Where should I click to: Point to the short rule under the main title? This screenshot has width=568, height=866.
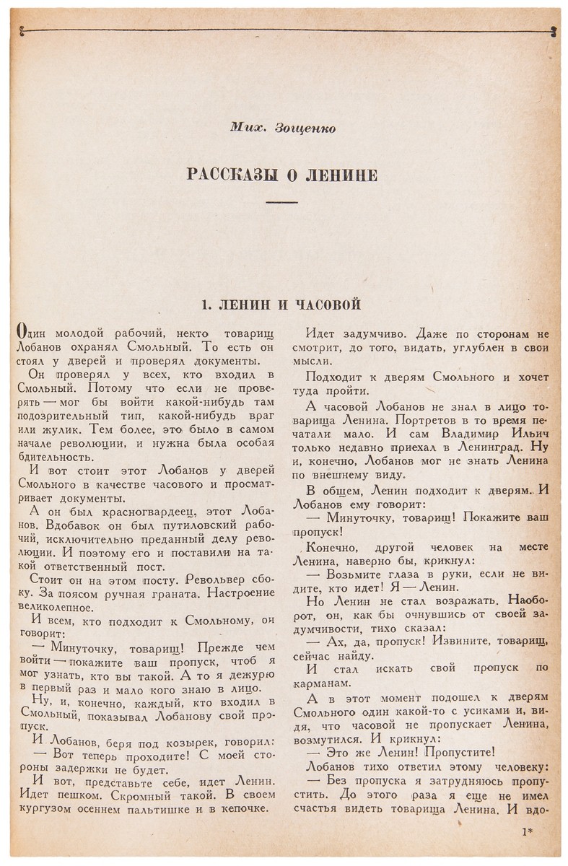(282, 204)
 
